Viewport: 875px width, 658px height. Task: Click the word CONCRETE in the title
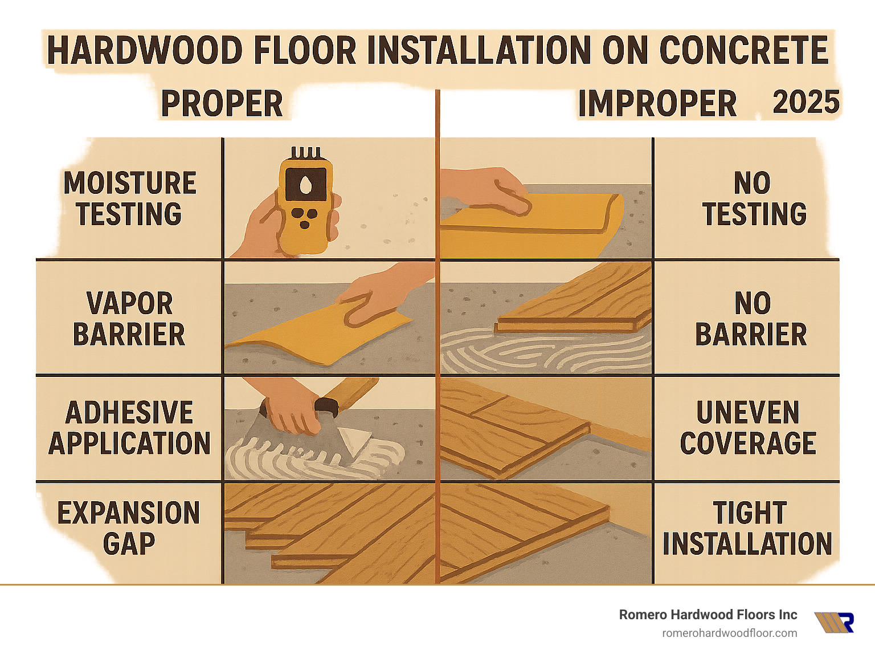coord(744,50)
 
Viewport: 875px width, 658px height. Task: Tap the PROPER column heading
coord(222,104)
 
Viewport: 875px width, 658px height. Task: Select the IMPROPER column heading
coord(657,104)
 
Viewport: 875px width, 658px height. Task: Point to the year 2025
coord(806,103)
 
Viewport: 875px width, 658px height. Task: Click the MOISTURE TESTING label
coord(129,198)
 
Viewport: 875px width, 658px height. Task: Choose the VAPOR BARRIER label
coord(129,319)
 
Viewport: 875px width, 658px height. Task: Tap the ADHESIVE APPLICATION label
coord(129,428)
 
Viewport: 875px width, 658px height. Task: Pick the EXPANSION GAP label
coord(129,528)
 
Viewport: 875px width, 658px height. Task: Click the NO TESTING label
coord(753,198)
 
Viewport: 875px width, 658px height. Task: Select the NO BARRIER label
coord(751,319)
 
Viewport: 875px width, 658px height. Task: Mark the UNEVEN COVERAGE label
coord(748,428)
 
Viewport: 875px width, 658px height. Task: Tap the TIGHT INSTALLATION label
coord(747,528)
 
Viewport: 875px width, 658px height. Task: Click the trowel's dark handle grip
coord(326,406)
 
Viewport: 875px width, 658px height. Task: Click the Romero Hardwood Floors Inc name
coord(708,615)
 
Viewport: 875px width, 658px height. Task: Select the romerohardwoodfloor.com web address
coord(729,633)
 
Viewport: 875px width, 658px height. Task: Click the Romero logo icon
coord(834,622)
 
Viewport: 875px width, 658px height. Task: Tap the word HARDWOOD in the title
coord(145,50)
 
